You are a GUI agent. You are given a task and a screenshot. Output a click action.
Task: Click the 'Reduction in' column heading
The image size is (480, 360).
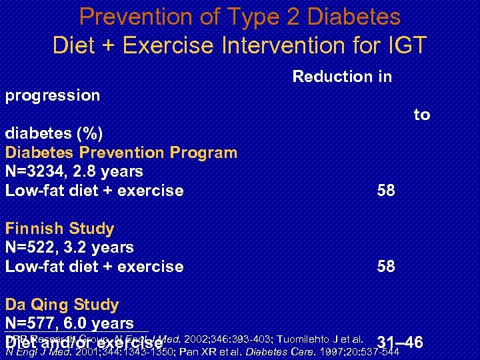coord(342,77)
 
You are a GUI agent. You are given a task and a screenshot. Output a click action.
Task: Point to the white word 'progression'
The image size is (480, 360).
coord(53,95)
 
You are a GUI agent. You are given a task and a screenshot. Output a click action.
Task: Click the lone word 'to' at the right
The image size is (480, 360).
coord(422,115)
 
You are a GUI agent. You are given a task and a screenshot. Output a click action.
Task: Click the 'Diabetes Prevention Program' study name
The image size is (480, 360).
coord(121,153)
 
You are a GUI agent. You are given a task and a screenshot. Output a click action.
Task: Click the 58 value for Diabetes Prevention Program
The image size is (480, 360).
coord(386,191)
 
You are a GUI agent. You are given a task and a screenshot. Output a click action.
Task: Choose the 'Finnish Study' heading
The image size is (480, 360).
coord(59,229)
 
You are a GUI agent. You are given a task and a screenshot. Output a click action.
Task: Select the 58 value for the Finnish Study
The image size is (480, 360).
coord(386,267)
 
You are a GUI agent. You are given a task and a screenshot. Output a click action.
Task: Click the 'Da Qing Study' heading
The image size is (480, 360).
coord(62,305)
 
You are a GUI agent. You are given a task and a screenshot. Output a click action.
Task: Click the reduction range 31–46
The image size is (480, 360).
coord(399,343)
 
